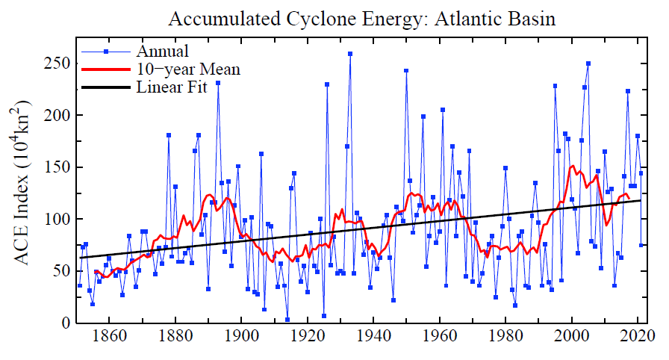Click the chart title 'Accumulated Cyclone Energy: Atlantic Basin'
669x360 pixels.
click(362, 18)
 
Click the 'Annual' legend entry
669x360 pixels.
click(162, 52)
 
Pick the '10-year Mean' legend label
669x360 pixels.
click(188, 69)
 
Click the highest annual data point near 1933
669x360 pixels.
click(350, 54)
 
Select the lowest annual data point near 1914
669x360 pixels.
click(287, 320)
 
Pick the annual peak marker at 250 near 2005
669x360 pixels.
click(588, 63)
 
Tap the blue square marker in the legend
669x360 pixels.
click(106, 52)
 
